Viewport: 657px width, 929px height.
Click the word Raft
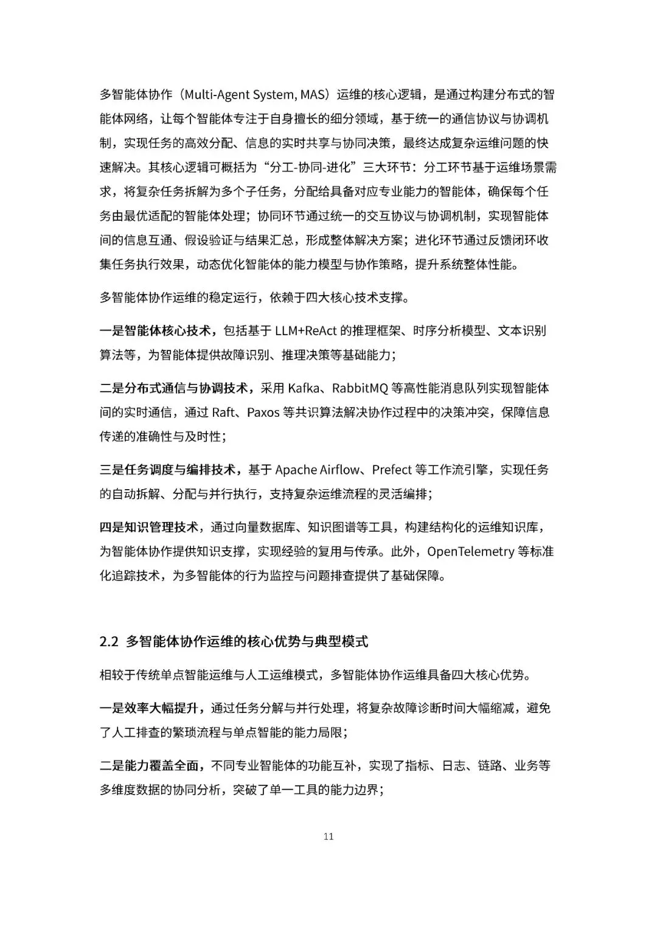tap(223, 412)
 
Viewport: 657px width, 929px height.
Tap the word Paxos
tap(263, 412)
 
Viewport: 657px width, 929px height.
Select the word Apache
tap(296, 470)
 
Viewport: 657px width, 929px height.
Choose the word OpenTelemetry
tap(470, 552)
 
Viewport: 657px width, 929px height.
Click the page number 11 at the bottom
tap(328, 837)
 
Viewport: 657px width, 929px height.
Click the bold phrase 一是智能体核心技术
tap(156, 330)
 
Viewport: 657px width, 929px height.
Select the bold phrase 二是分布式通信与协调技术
tap(174, 388)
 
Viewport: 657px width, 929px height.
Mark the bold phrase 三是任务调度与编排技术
tap(168, 470)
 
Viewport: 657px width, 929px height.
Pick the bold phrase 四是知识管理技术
tap(150, 527)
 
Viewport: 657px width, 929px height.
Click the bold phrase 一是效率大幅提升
tap(150, 708)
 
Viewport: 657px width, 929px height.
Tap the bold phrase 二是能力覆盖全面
tap(150, 766)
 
